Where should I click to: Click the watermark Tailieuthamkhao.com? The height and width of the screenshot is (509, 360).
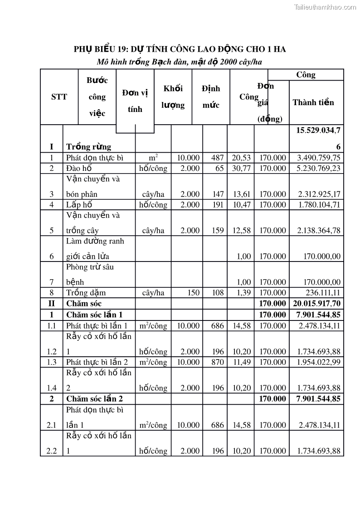(325, 7)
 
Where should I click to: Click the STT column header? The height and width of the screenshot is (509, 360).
(59, 97)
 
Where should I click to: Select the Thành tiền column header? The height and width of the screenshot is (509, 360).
(313, 102)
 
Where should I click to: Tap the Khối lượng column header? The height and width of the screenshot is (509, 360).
(173, 97)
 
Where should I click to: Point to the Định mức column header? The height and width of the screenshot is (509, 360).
(211, 97)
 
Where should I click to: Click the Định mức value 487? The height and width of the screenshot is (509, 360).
(218, 158)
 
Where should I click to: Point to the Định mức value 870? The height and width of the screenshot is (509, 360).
(218, 362)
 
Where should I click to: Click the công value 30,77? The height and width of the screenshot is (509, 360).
(242, 168)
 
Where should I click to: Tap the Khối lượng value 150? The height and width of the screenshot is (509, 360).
(194, 293)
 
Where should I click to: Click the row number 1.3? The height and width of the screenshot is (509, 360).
(51, 362)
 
